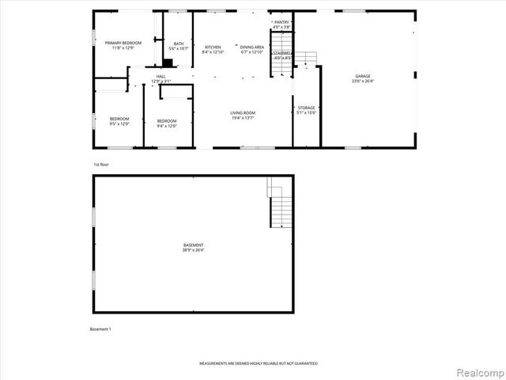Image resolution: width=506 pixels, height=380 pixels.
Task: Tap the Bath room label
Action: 179,44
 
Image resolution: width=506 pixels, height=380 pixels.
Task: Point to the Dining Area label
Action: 252,47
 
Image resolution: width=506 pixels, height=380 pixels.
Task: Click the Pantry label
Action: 282,22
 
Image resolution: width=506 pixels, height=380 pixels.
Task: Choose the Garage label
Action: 362,76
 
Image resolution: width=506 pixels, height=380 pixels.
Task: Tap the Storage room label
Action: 307,108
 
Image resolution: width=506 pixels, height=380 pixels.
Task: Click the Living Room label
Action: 243,113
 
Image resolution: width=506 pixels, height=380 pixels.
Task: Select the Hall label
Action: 160,76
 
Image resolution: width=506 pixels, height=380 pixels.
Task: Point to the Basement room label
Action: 194,245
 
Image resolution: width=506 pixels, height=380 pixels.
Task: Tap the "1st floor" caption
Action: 100,164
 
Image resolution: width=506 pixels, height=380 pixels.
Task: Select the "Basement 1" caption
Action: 100,329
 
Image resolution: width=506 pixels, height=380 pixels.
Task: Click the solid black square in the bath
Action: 166,60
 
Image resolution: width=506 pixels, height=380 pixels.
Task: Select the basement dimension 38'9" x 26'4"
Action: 194,250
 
